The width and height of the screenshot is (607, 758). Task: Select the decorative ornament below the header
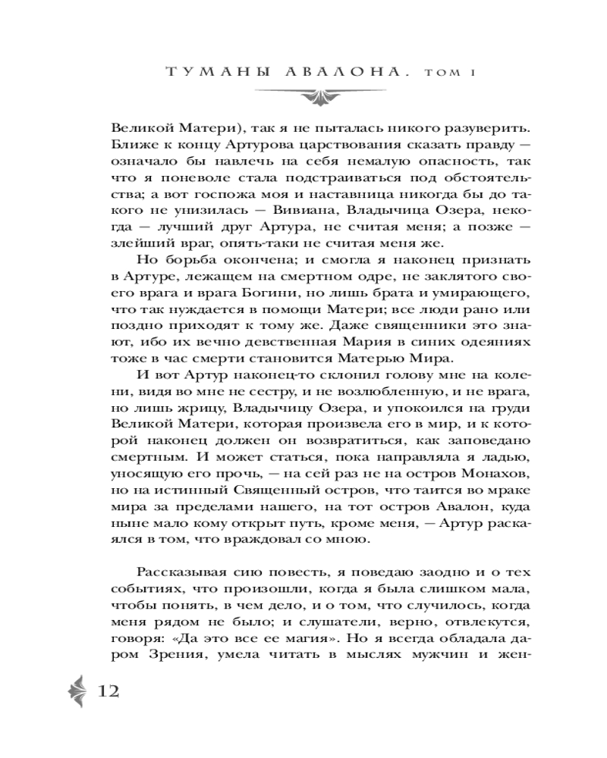pos(303,97)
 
